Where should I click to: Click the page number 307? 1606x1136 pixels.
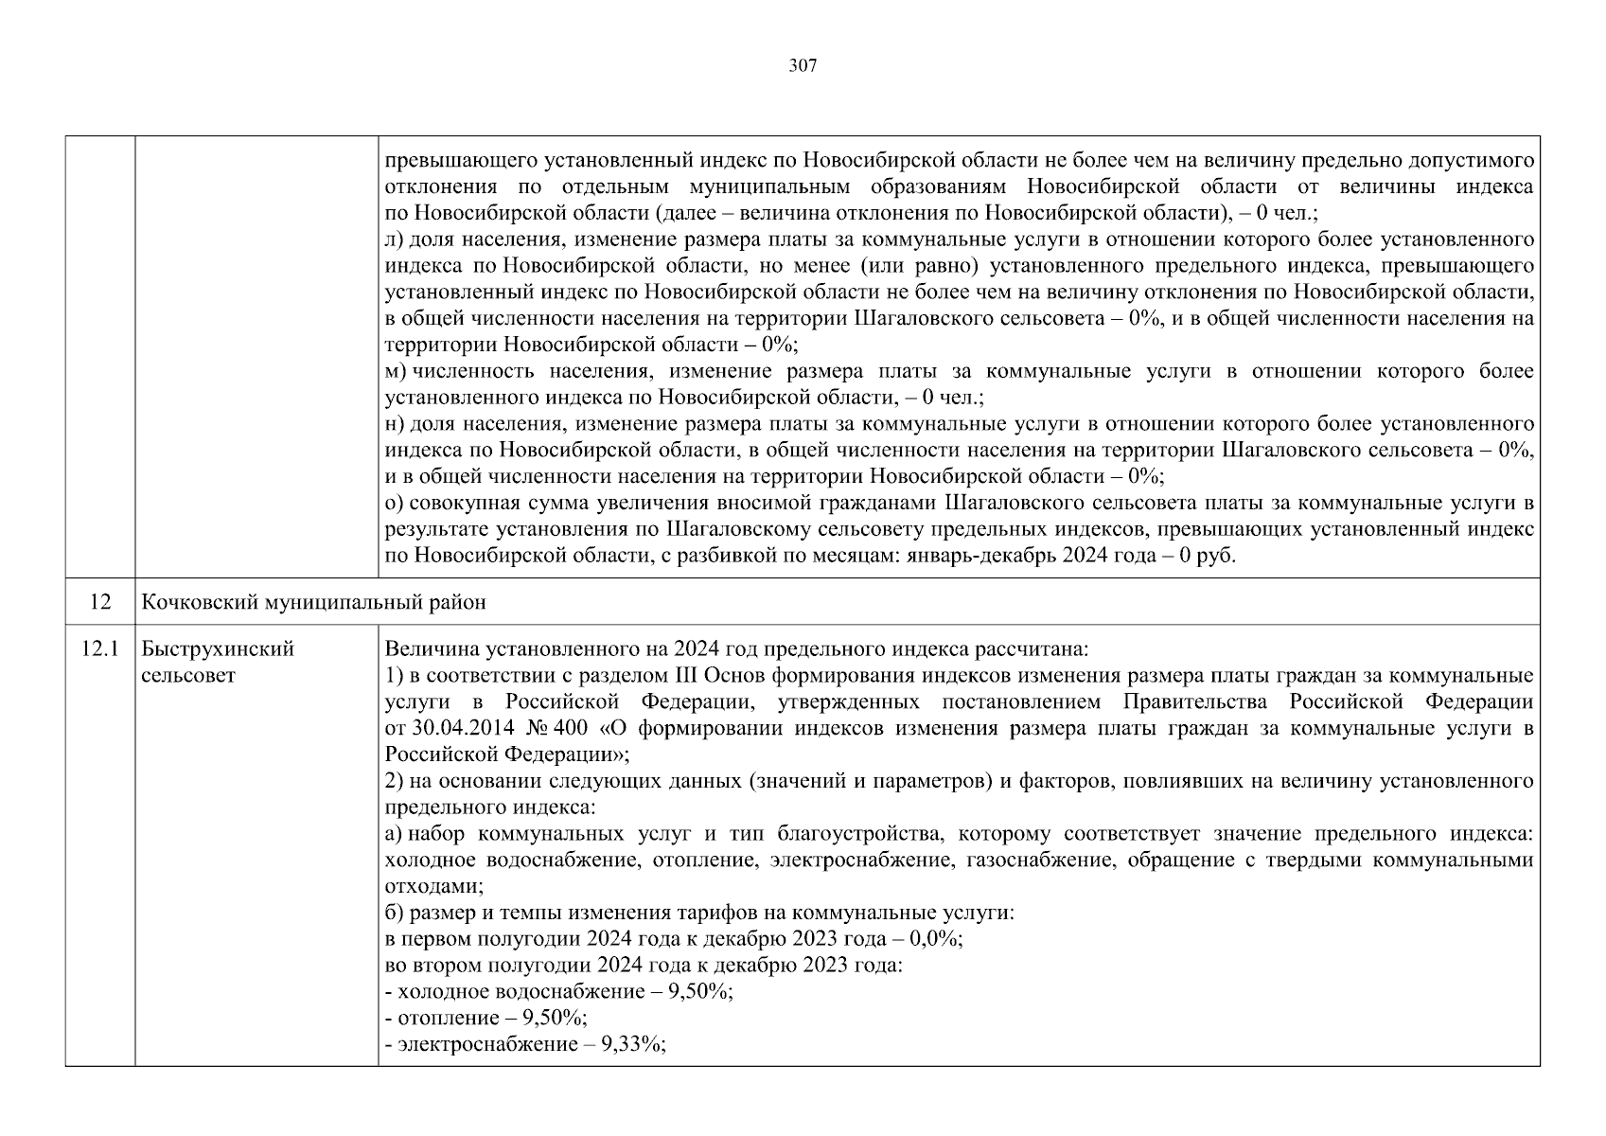[803, 65]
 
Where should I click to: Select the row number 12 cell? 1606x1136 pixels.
[100, 602]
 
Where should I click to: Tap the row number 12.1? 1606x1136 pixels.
[100, 649]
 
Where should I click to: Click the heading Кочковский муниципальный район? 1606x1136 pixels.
[313, 602]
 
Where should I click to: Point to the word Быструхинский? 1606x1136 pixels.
[218, 649]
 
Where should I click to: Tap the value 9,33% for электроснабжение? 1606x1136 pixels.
[634, 1044]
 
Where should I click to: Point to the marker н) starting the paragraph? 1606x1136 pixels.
[396, 424]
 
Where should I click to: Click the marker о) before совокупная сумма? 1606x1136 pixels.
[396, 503]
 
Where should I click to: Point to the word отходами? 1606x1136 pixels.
[434, 886]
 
